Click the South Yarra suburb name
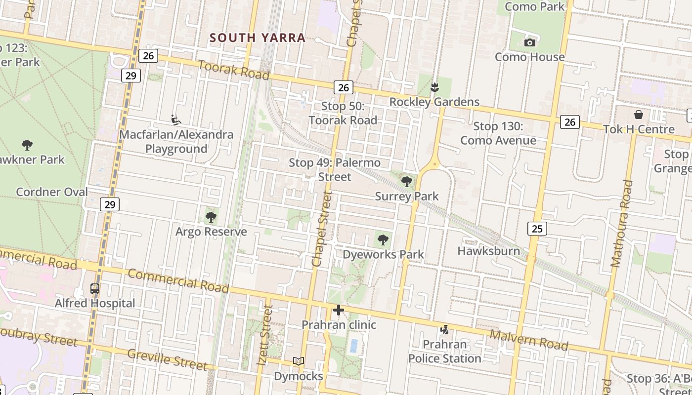tap(258, 38)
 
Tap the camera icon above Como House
tap(530, 42)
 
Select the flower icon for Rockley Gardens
tap(434, 87)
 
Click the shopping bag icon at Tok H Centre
tap(639, 115)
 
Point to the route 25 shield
tap(537, 228)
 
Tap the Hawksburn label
tap(488, 251)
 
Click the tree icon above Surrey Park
tap(407, 182)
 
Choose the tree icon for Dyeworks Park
tap(383, 240)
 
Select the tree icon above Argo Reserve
tap(211, 217)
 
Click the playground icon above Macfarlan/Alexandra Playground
tap(176, 120)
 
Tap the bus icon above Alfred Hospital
tap(95, 289)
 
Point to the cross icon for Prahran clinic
tap(339, 310)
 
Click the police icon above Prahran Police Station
tap(445, 329)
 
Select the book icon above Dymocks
tap(298, 361)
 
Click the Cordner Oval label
tap(52, 192)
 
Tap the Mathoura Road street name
tap(622, 224)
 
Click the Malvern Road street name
tap(529, 341)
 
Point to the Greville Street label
tap(167, 359)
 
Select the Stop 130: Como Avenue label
tap(498, 133)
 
